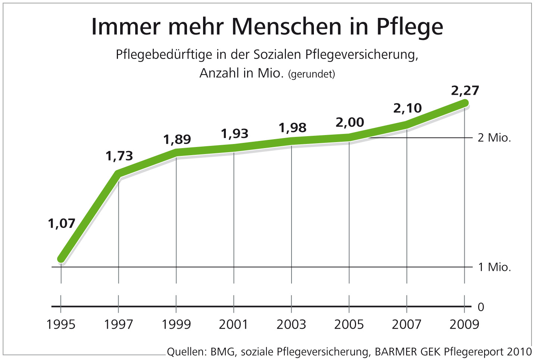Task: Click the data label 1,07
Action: pyautogui.click(x=62, y=223)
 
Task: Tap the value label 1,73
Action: pyautogui.click(x=119, y=156)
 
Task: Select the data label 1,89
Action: pyautogui.click(x=177, y=140)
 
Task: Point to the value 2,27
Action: pyautogui.click(x=465, y=91)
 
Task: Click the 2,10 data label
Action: pyautogui.click(x=407, y=108)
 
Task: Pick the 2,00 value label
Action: pyautogui.click(x=350, y=122)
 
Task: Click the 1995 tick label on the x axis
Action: pyautogui.click(x=61, y=325)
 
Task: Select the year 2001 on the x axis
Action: pyautogui.click(x=234, y=325)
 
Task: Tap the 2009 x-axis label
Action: pyautogui.click(x=464, y=325)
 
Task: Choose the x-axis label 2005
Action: pyautogui.click(x=349, y=325)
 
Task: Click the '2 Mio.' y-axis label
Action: pyautogui.click(x=494, y=138)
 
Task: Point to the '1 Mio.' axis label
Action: pyautogui.click(x=494, y=267)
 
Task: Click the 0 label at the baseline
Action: pyautogui.click(x=481, y=307)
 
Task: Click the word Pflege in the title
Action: pyautogui.click(x=409, y=27)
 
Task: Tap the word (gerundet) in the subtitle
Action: pyautogui.click(x=312, y=74)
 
